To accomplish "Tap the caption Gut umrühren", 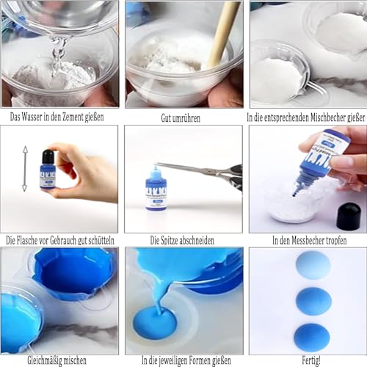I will [x=183, y=117].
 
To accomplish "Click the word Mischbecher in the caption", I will [x=317, y=117].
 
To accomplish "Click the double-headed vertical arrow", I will [x=24, y=168].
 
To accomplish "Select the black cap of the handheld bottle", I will [x=48, y=156].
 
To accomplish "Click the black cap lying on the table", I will [x=348, y=215].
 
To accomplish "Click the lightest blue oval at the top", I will [x=313, y=265].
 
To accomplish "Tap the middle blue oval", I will [x=313, y=301].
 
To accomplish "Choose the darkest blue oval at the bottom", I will [x=312, y=336].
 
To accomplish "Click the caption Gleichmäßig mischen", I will [x=57, y=361].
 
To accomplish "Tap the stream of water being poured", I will [x=59, y=51].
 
